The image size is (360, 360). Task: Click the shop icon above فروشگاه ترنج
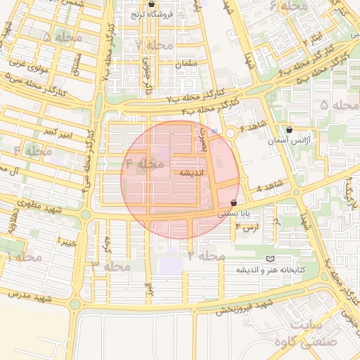[x=151, y=4]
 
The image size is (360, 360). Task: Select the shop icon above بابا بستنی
[x=233, y=202]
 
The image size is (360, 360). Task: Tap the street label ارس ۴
[x=247, y=227]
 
